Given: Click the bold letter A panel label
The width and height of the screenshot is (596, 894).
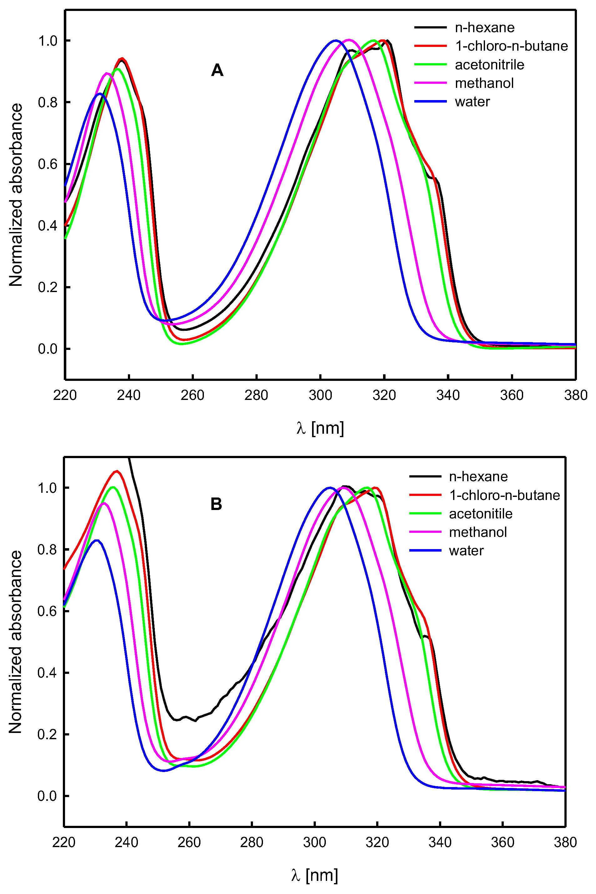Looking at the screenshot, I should (217, 70).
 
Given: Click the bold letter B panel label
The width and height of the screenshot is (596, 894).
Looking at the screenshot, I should (216, 504).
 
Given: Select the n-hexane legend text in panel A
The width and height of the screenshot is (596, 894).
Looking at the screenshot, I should (485, 28).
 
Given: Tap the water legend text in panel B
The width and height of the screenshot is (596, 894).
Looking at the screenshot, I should (466, 550).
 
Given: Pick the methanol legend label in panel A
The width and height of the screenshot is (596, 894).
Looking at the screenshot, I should (484, 83).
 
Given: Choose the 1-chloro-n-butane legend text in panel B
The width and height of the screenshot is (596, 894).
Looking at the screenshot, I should (504, 495).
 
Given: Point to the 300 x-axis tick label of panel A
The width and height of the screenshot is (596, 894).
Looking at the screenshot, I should (320, 395).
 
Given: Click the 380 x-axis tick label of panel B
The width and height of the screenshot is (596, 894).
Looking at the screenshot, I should (565, 842).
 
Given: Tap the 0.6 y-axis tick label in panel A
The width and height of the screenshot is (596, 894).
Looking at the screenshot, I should (48, 164).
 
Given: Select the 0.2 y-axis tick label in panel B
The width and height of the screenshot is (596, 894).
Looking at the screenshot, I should (47, 734).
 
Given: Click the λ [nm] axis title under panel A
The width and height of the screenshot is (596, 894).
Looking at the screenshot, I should (320, 428).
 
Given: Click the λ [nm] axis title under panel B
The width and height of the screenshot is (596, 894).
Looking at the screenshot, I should (314, 875).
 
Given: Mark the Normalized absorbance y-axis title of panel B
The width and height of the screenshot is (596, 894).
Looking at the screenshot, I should (16, 642).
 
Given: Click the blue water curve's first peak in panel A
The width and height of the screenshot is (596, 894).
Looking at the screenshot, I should (100, 93).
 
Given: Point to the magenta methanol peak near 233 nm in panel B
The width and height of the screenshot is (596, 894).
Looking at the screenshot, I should (104, 503).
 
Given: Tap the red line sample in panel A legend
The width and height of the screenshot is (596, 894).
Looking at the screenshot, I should (430, 46).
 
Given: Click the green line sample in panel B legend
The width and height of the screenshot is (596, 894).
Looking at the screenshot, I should (425, 513).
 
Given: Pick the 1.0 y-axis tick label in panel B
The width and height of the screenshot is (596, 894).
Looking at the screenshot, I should (47, 488).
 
